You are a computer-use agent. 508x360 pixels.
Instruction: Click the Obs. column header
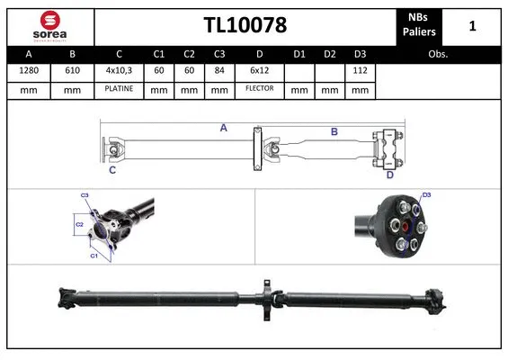[x=438, y=54]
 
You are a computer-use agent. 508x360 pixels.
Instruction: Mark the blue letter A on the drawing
[x=224, y=129]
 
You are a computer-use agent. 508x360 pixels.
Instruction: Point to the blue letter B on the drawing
[x=334, y=132]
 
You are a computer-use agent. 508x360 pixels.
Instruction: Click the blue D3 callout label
[x=426, y=195]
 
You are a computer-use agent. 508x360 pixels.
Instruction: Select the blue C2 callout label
[x=78, y=223]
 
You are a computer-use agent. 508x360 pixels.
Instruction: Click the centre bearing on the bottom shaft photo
[x=267, y=298]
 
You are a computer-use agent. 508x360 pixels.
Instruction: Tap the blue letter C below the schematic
[x=112, y=169]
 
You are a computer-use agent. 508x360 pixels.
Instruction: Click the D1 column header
[x=299, y=54]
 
